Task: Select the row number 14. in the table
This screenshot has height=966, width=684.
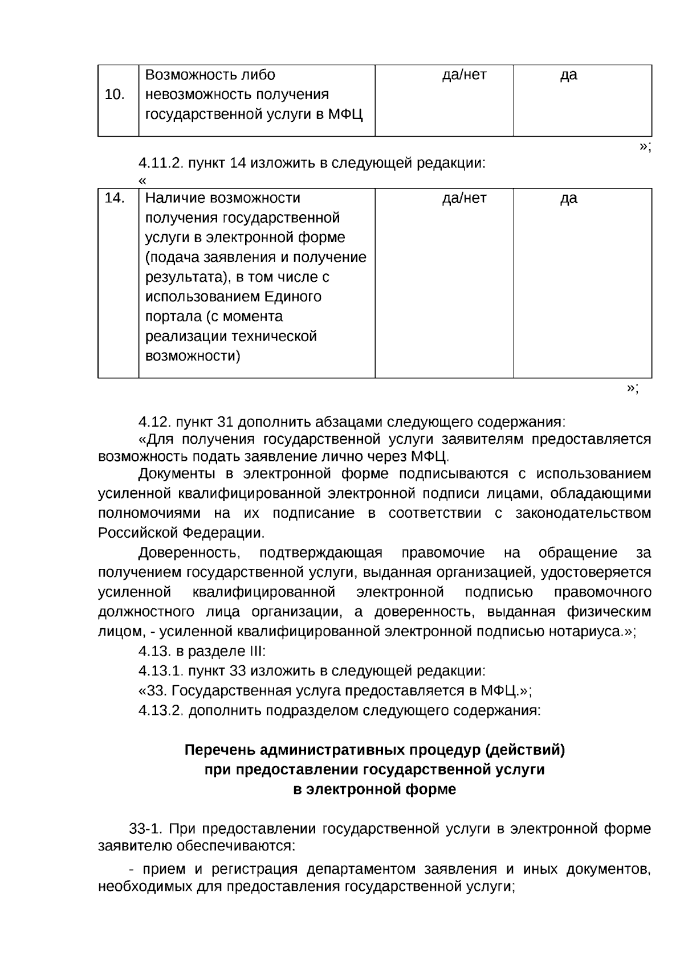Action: [x=115, y=198]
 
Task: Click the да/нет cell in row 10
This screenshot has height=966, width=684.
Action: [x=464, y=75]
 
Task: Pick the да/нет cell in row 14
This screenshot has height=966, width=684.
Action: [x=464, y=198]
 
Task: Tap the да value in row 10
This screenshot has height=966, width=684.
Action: [x=568, y=75]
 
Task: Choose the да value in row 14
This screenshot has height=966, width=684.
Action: [x=568, y=199]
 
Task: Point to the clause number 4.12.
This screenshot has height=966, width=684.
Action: [x=154, y=423]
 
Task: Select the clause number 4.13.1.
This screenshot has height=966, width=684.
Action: [x=161, y=671]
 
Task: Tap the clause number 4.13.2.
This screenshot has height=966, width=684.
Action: [x=161, y=711]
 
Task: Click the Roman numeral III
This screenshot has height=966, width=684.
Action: [x=254, y=652]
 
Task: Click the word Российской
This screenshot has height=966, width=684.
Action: [x=137, y=533]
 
